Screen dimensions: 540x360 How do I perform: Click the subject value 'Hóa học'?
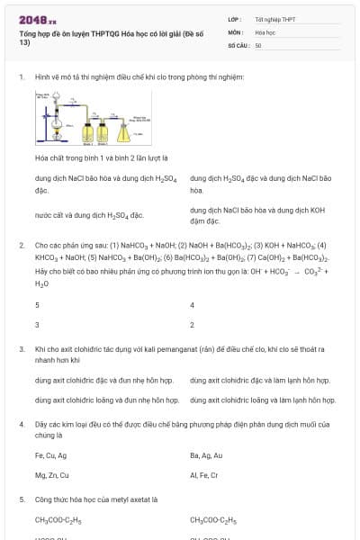[265, 31]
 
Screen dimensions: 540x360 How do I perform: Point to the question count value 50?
[258, 44]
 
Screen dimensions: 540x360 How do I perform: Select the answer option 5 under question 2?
[37, 305]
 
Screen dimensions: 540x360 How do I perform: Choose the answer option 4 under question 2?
[193, 305]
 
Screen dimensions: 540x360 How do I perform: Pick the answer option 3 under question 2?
[37, 324]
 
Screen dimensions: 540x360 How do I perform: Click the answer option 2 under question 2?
[193, 324]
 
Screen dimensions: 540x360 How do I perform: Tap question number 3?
[21, 348]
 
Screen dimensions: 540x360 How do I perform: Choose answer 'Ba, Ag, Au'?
[207, 455]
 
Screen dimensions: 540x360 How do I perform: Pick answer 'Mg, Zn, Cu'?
[52, 474]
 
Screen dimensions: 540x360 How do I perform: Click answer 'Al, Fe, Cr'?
[204, 474]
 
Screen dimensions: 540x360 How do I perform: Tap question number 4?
[21, 423]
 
